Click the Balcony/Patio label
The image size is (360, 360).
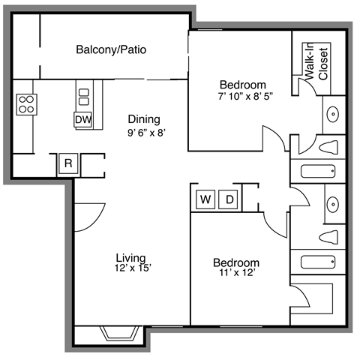[111, 51]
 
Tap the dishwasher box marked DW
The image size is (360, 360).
[82, 119]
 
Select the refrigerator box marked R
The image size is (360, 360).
[67, 163]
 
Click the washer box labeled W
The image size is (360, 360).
[204, 199]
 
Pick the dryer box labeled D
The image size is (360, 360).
[230, 199]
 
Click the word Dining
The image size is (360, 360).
[143, 118]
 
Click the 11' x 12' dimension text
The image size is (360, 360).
[235, 274]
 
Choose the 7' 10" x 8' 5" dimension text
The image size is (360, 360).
[241, 96]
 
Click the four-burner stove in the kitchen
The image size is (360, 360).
[26, 103]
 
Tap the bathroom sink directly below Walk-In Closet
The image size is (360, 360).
[334, 115]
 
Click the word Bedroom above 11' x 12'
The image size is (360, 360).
[236, 262]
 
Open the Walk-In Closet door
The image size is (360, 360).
[308, 87]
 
